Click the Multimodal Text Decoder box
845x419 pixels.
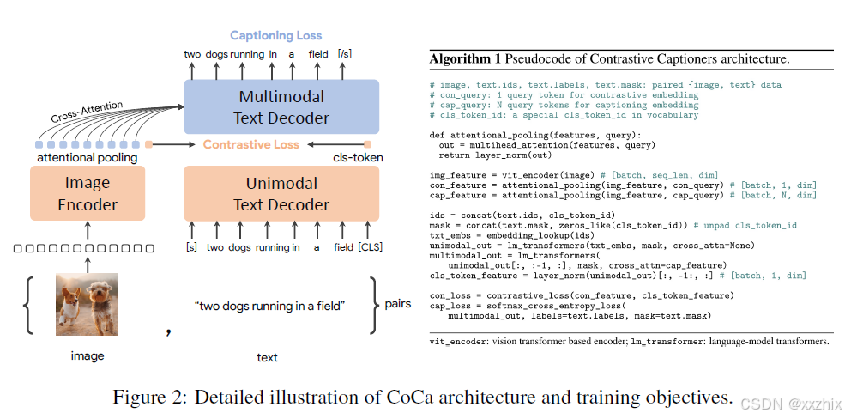coord(281,106)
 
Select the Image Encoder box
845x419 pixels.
coord(87,194)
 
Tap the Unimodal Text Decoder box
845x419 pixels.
coord(281,194)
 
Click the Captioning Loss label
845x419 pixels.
coord(275,36)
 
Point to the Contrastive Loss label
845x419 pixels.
coord(251,144)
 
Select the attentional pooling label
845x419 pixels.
coord(87,158)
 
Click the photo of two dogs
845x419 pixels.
coord(87,303)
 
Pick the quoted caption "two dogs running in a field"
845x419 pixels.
coord(270,306)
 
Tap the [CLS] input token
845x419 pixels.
coord(370,248)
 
